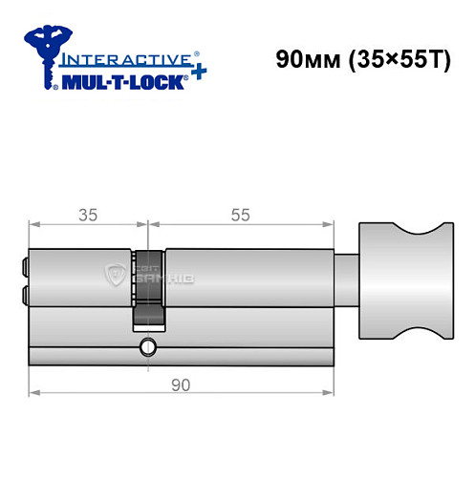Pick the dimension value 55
coord(240,215)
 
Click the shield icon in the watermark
coord(116,277)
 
